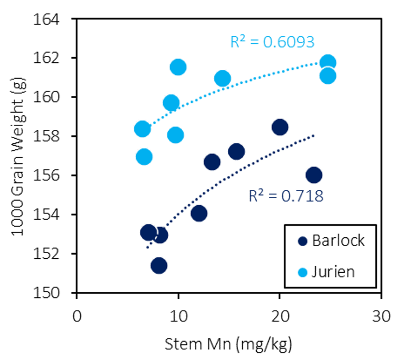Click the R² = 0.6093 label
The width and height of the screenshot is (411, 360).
272,42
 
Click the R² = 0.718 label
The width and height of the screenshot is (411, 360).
286,196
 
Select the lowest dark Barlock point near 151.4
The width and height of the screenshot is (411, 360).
159,265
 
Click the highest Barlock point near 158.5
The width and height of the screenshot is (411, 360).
280,127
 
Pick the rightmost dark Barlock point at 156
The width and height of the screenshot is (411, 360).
314,175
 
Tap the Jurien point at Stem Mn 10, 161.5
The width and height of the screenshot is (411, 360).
178,67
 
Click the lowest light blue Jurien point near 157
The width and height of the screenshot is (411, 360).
144,157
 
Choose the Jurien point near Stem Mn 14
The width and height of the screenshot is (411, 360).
222,78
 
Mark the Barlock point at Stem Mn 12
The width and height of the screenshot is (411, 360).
199,213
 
